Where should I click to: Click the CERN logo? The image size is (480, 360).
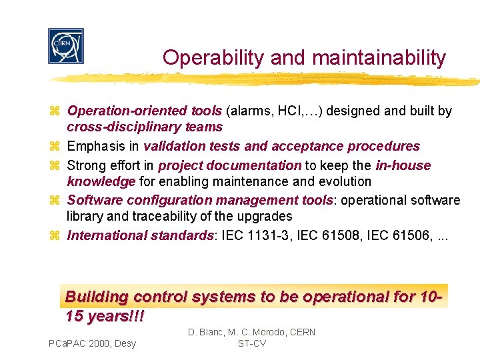66,46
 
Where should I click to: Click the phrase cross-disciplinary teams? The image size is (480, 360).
145,127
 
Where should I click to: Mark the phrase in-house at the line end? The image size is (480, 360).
402,165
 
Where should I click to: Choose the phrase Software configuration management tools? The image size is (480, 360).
199,200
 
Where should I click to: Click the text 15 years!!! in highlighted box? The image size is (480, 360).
105,315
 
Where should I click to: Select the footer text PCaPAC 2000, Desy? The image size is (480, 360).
92,343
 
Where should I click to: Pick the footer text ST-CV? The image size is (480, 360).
251,343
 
